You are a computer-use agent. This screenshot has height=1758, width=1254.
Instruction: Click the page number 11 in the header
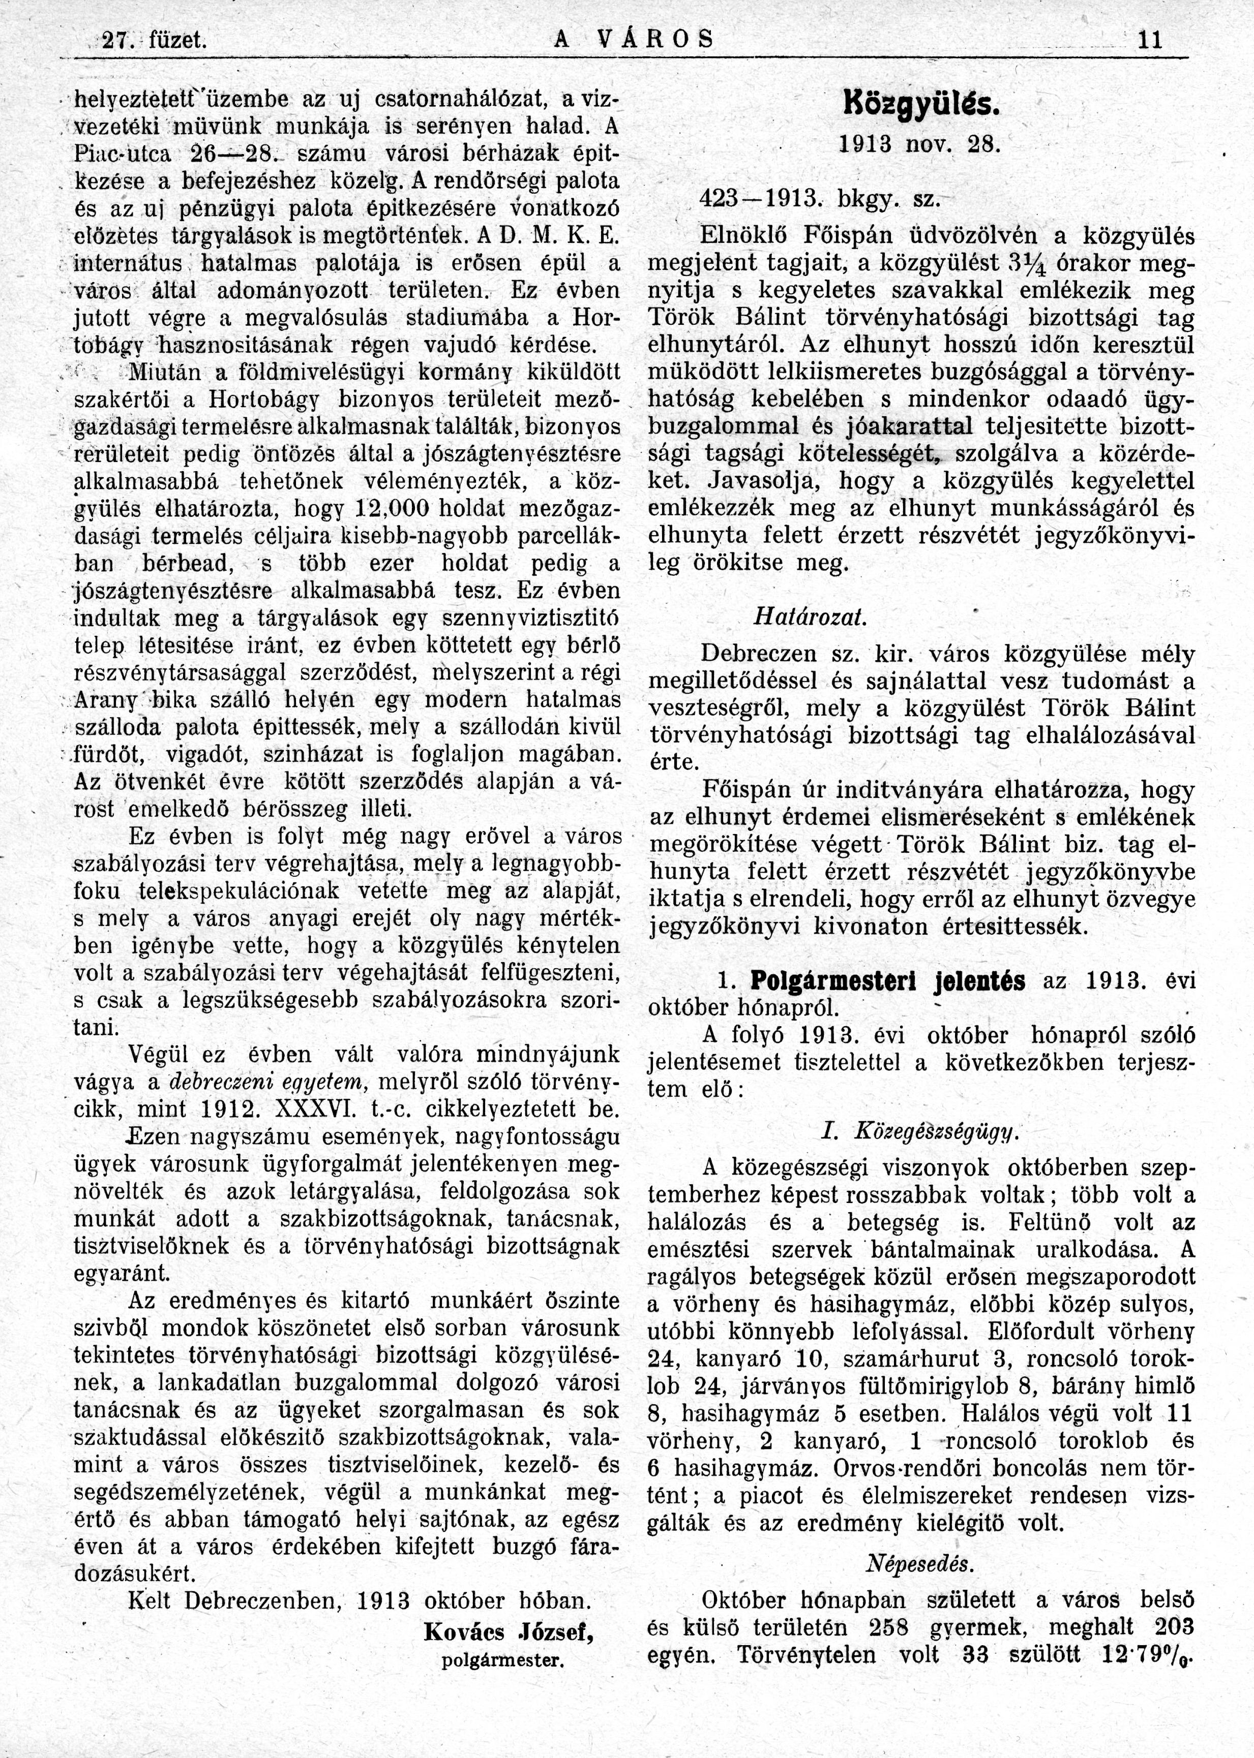1150,39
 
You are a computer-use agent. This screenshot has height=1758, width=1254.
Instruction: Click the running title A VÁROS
634,39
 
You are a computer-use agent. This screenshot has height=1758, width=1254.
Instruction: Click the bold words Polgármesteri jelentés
887,981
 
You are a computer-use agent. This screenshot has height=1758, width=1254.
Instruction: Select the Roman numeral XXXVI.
305,1109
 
